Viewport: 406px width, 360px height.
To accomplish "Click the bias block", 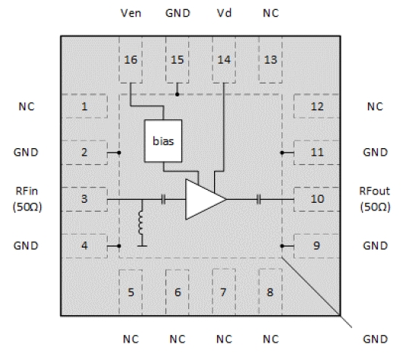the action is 163,141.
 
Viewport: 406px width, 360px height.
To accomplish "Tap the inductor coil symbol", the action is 140,223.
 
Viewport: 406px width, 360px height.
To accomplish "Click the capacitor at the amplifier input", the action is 163,199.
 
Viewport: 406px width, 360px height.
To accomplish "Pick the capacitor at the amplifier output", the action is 259,199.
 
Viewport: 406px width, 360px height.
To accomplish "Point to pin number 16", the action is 131,60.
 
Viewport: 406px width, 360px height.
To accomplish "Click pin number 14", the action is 224,60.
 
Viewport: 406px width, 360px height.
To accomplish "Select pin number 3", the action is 84,199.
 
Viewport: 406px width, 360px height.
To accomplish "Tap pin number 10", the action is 317,199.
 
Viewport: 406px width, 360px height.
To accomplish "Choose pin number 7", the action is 223,292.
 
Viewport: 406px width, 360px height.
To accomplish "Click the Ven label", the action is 131,13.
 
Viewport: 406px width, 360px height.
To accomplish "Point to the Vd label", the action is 224,13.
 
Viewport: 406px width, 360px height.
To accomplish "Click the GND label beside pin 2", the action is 26,153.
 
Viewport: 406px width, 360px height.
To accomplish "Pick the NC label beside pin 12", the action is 375,106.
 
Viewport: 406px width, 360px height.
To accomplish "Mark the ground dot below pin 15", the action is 177,94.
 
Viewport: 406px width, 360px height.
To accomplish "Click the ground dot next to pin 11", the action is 282,153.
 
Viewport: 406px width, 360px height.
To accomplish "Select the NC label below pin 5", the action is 131,339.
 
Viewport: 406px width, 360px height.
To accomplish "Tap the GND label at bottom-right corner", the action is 376,339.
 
